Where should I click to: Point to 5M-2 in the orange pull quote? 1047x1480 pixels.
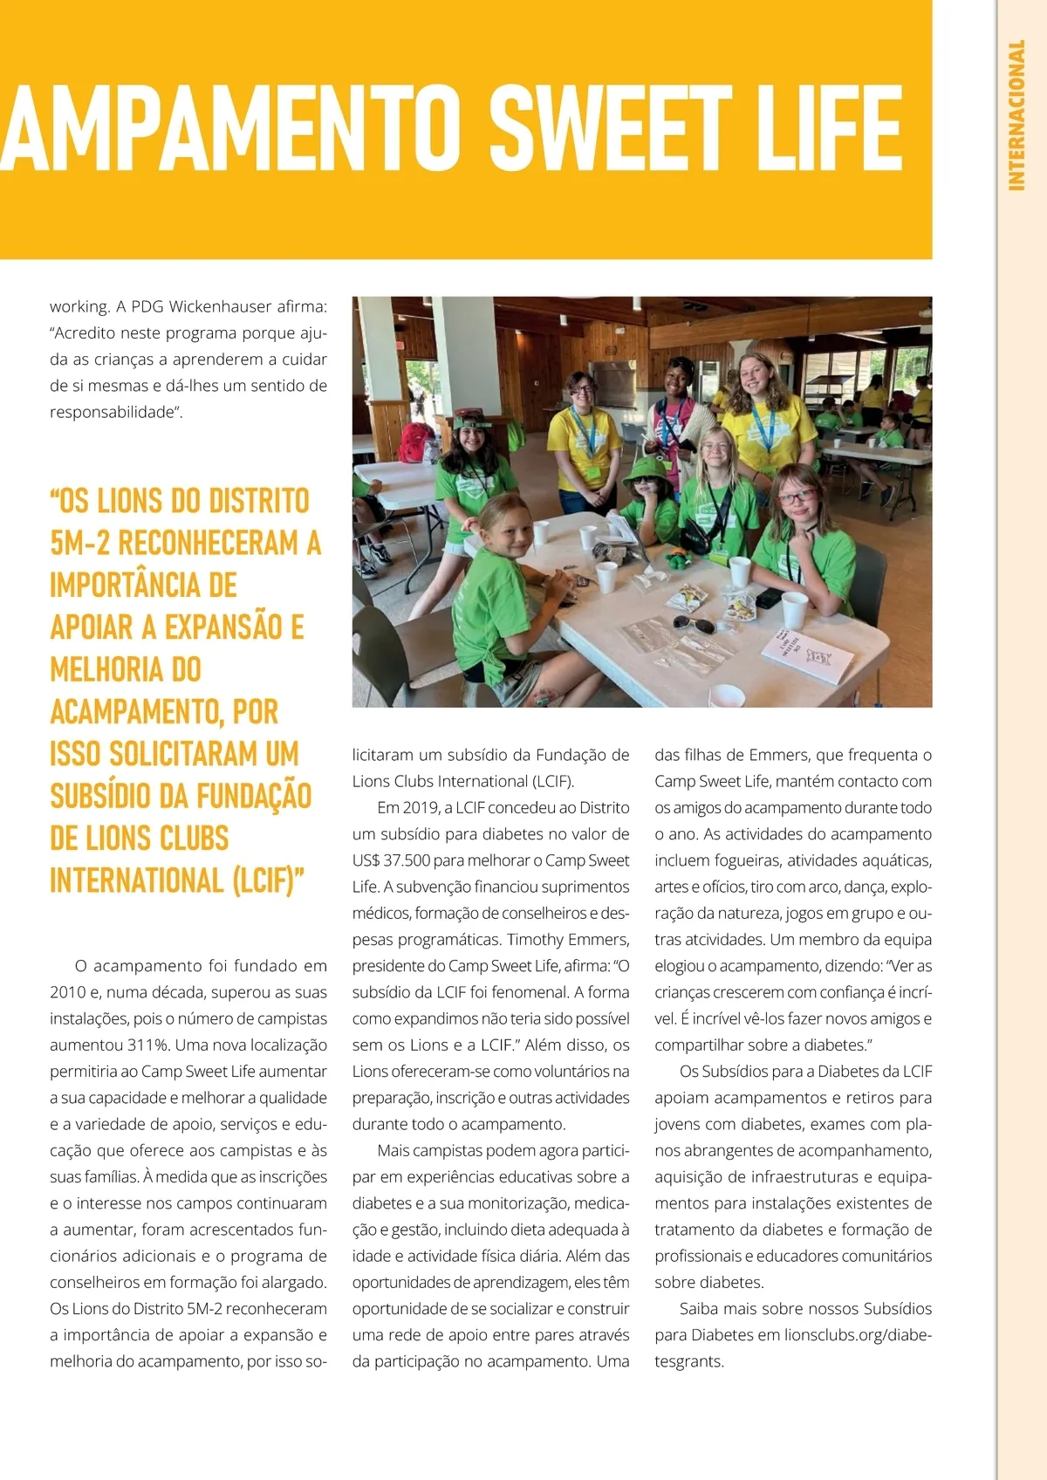click(80, 543)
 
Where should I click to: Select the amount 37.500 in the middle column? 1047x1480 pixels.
click(407, 860)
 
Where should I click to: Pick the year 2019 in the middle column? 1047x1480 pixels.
click(421, 808)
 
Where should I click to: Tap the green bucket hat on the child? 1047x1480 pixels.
click(648, 469)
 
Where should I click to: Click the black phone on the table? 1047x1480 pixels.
click(769, 598)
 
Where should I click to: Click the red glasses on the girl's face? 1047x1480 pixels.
click(797, 497)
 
